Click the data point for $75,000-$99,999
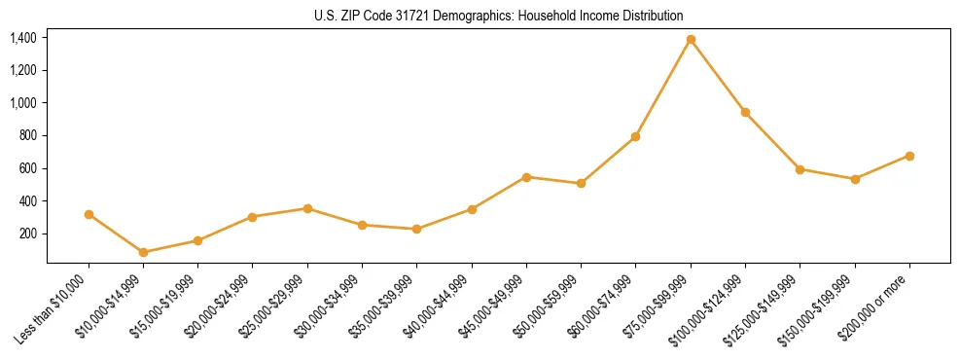pyautogui.click(x=691, y=40)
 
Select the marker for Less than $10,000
pyautogui.click(x=89, y=214)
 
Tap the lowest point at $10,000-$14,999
pyautogui.click(x=144, y=252)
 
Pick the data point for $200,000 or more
pyautogui.click(x=909, y=156)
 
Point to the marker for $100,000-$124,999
pyautogui.click(x=745, y=113)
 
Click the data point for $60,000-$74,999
pyautogui.click(x=635, y=136)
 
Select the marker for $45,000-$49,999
pyautogui.click(x=526, y=177)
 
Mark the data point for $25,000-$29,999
pyautogui.click(x=307, y=208)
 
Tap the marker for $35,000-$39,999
pyautogui.click(x=416, y=229)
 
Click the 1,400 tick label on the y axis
pyautogui.click(x=23, y=38)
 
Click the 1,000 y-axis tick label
pyautogui.click(x=23, y=103)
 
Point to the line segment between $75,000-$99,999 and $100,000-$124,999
pyautogui.click(x=718, y=76)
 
